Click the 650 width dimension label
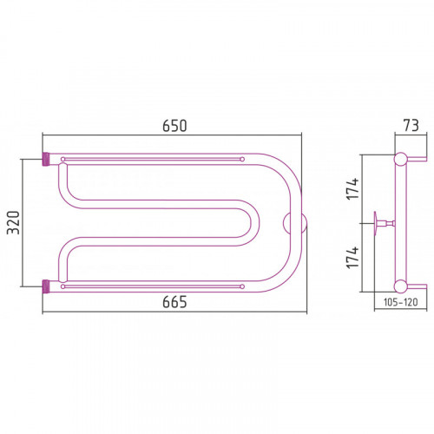pyautogui.click(x=174, y=126)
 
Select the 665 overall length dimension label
pyautogui.click(x=174, y=302)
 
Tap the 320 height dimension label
pyautogui.click(x=13, y=223)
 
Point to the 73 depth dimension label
pyautogui.click(x=411, y=126)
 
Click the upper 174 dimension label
pyautogui.click(x=353, y=188)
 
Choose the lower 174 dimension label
pyautogui.click(x=353, y=258)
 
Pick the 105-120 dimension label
pyautogui.click(x=401, y=302)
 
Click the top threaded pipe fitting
pyautogui.click(x=46, y=159)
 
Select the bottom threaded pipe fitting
pyautogui.click(x=46, y=286)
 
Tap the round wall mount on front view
pyautogui.click(x=294, y=223)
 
